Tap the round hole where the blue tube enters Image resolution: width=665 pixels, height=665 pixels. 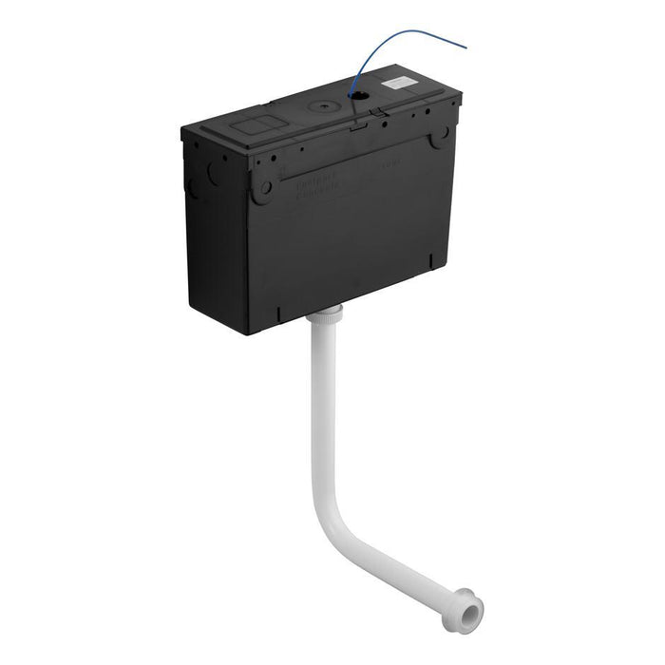click(x=359, y=96)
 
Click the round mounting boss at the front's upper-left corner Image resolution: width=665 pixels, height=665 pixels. click(x=264, y=185)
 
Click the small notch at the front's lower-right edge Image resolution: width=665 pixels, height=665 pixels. click(x=432, y=259)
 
